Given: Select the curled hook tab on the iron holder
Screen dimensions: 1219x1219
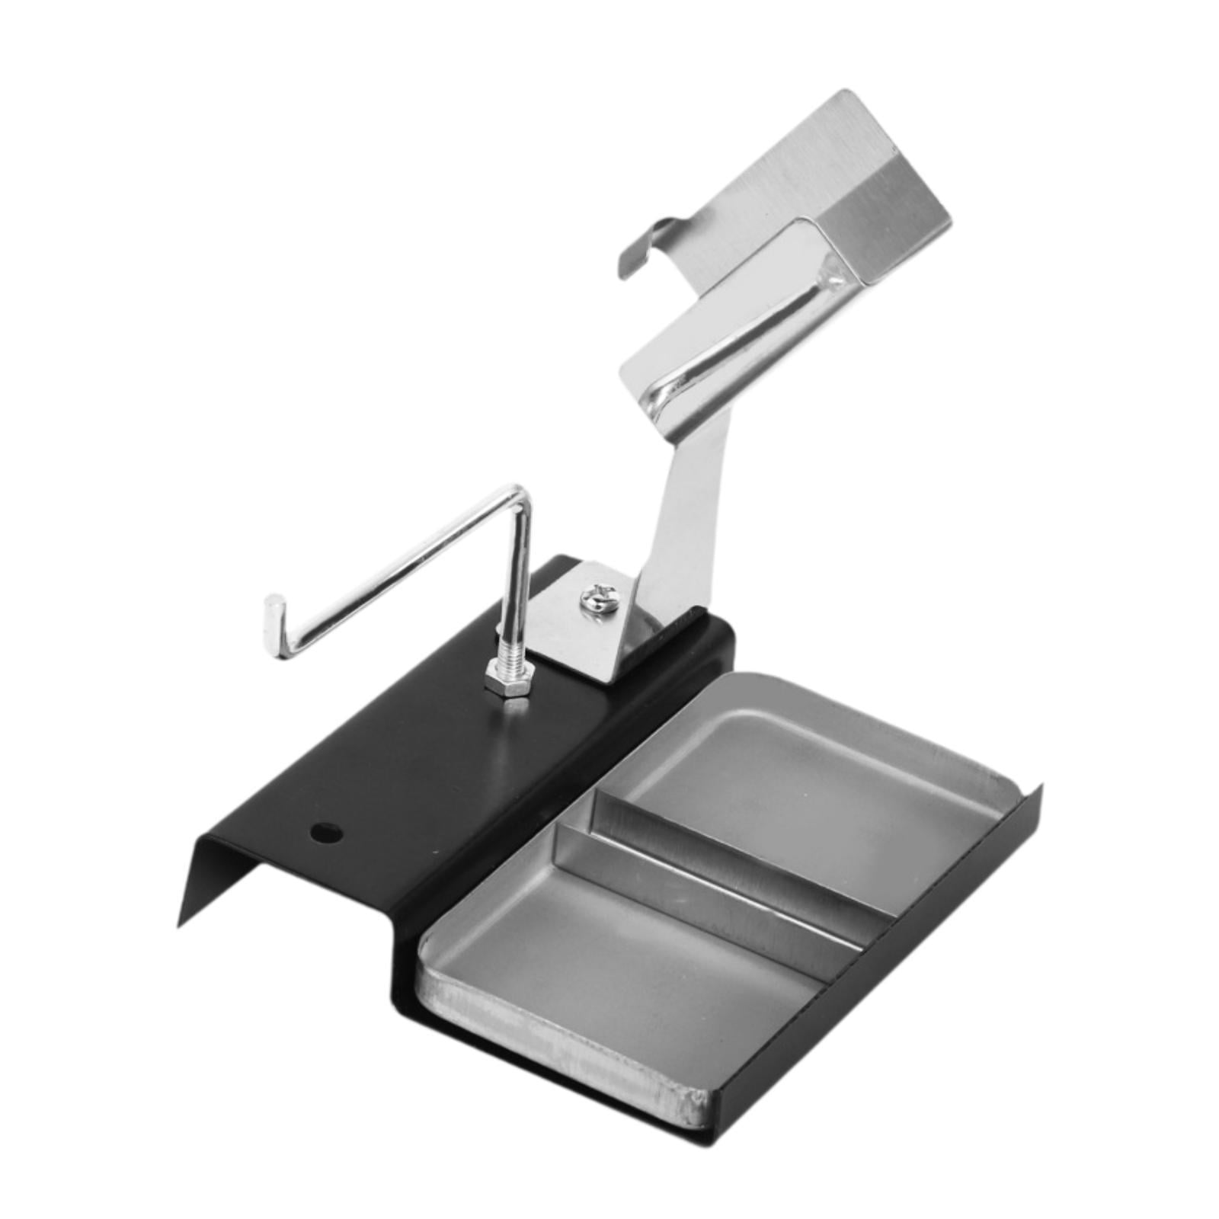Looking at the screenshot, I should point(644,244).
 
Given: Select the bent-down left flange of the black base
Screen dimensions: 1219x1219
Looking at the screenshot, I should point(221,876).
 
